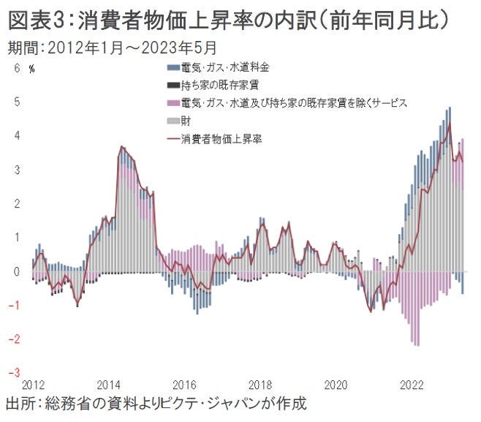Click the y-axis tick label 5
18,102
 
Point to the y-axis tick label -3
15,373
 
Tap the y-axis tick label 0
18,271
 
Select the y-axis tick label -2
15,339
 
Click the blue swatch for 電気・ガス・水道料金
173,67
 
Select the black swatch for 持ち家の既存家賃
173,85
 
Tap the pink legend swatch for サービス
173,102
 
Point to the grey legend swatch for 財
173,120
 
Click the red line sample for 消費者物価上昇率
173,137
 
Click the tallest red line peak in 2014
121,147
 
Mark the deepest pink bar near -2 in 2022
417,344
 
